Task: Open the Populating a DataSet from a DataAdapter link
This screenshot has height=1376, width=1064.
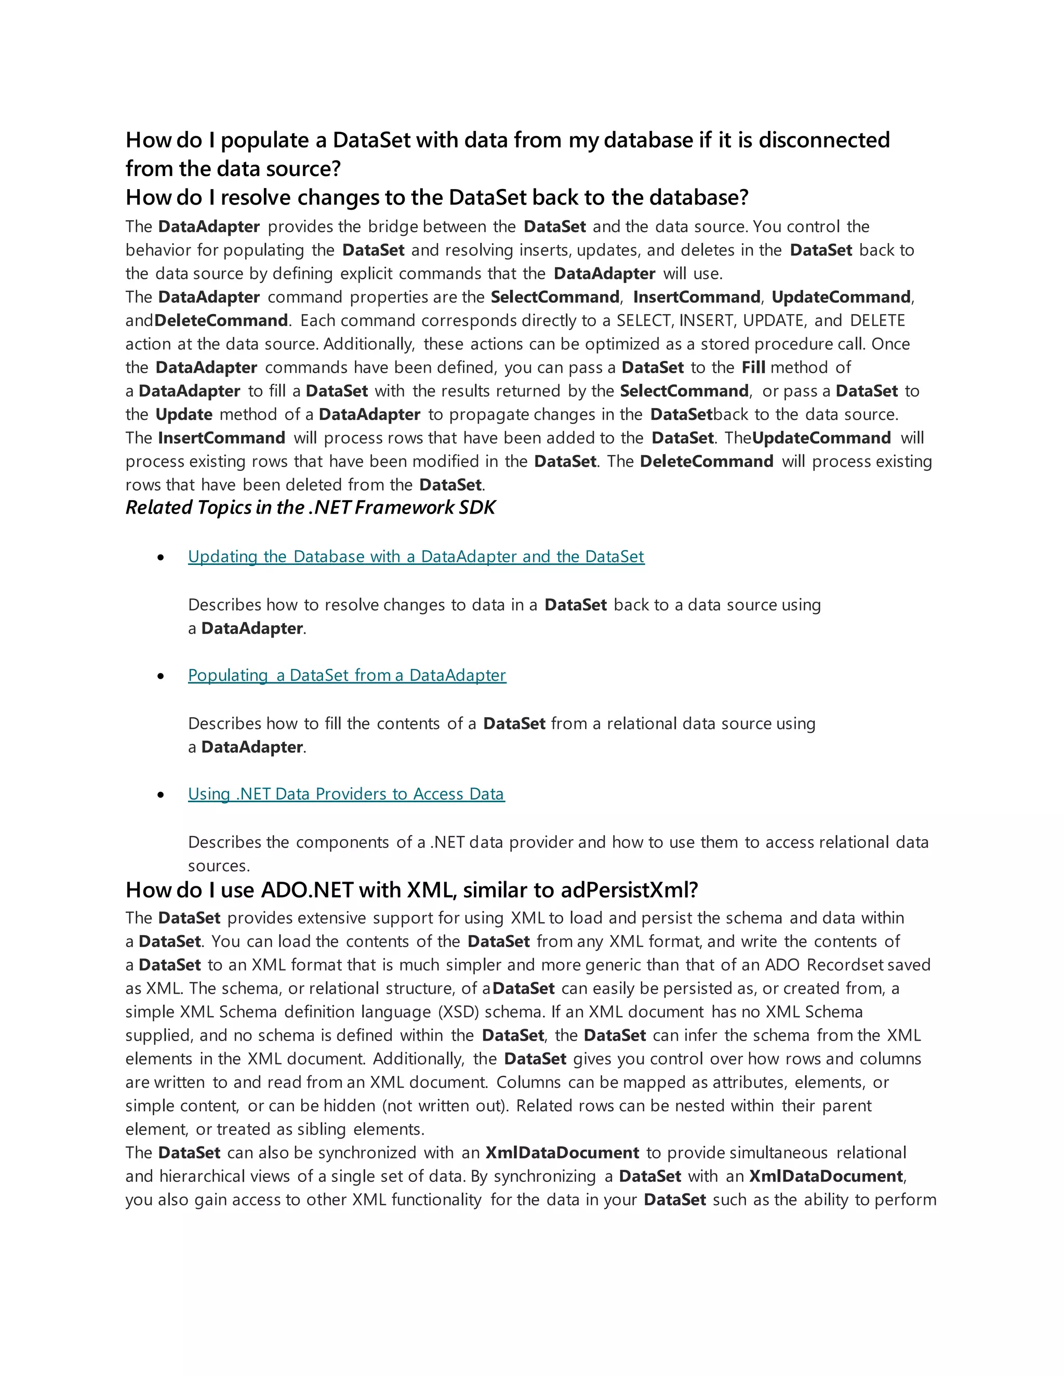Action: pos(347,676)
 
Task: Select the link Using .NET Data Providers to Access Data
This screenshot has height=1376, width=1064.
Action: pos(346,794)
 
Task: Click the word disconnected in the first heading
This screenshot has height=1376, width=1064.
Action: pos(824,140)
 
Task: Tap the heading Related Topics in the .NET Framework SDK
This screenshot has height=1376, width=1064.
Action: pos(310,507)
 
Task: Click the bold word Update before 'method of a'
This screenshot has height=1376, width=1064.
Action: pos(183,414)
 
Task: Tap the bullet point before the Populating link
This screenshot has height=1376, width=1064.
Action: pos(162,676)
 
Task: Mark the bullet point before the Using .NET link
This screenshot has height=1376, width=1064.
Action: pos(162,794)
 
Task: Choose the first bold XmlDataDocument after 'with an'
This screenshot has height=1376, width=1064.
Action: pos(562,1153)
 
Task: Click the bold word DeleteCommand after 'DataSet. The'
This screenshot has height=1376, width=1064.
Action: pos(706,462)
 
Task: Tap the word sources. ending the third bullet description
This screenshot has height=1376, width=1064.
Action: pos(218,866)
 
